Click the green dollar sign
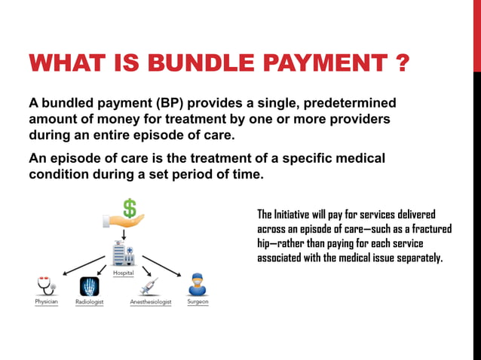click(x=129, y=206)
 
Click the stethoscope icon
click(x=46, y=286)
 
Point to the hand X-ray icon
click(x=90, y=287)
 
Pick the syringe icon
click(x=149, y=286)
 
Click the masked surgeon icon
click(x=197, y=285)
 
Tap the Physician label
click(x=46, y=303)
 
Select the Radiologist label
click(x=90, y=303)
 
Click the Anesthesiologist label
click(x=151, y=303)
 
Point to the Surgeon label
click(x=198, y=303)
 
